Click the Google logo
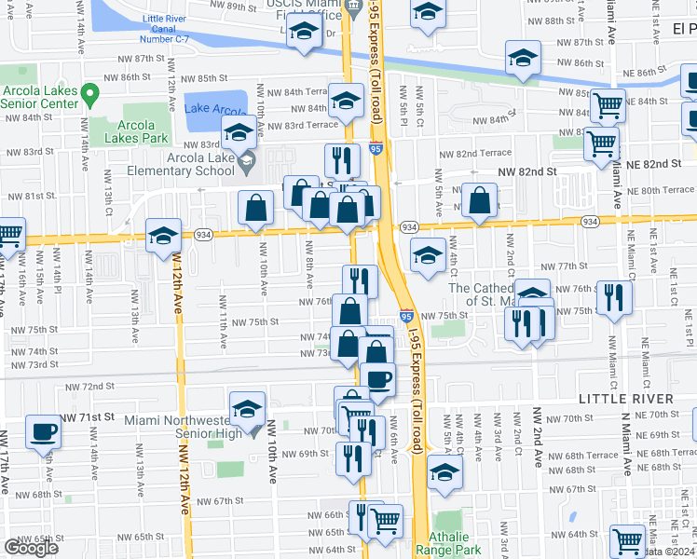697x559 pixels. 31,548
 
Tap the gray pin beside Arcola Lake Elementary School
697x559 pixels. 247,164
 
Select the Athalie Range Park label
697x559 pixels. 452,544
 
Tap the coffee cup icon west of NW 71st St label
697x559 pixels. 44,433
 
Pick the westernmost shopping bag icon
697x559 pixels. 255,208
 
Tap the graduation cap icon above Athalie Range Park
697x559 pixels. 445,472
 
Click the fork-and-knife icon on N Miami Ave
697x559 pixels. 613,297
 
